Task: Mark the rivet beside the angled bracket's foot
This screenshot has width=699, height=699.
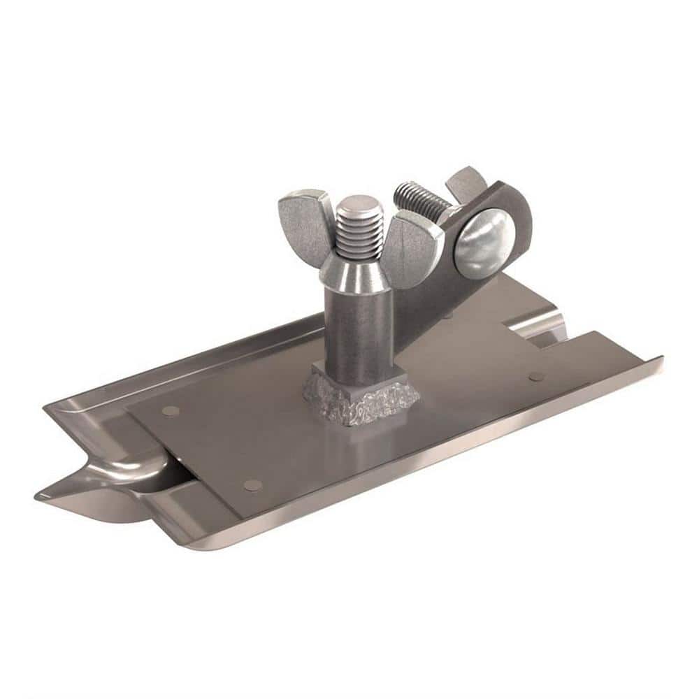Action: point(448,315)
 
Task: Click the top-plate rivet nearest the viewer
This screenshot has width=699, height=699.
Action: point(252,484)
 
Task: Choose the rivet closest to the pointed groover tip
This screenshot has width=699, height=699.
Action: point(170,411)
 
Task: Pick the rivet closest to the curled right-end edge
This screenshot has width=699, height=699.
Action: point(536,376)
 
